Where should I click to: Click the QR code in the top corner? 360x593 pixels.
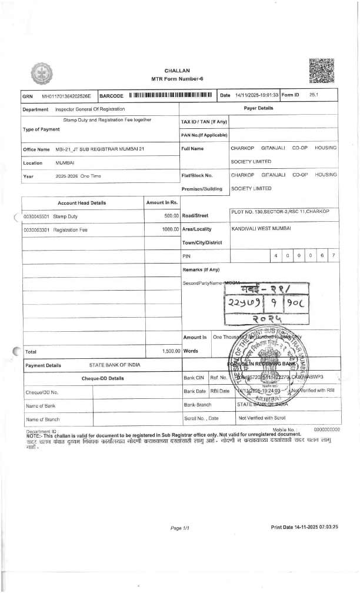pos(321,71)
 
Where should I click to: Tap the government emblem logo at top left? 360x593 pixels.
pos(41,75)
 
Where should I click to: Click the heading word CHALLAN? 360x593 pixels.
pos(177,70)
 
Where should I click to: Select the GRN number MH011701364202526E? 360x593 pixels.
pos(66,95)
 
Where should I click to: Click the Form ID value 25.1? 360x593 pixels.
pos(314,95)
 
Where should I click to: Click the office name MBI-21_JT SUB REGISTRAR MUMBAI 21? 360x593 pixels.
pos(99,149)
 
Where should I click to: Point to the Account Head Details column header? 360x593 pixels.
pos(82,203)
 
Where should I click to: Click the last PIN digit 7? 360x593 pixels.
pos(334,256)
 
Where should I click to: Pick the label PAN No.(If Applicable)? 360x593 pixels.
pos(204,135)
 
